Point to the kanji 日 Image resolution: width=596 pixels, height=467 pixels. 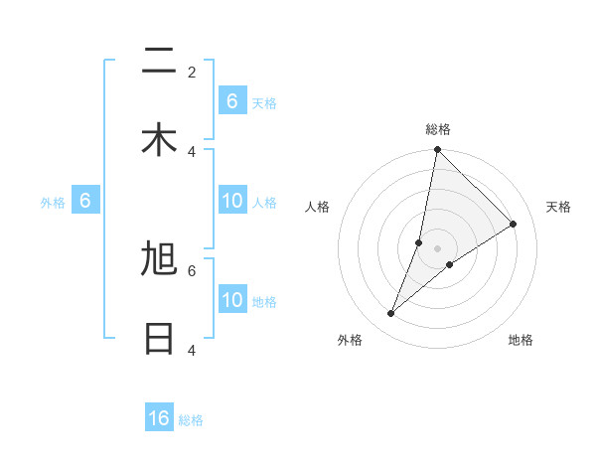point(159,338)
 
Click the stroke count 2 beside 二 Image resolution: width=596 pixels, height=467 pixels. point(192,72)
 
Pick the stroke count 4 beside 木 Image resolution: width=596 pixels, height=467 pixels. point(192,151)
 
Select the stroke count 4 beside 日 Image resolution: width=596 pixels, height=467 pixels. point(192,350)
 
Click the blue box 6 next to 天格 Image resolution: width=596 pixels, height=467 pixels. point(232,101)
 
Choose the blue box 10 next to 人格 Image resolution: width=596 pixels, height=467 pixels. point(232,202)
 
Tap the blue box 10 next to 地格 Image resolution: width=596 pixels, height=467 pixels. point(232,301)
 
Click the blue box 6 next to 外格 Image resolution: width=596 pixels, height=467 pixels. point(85,202)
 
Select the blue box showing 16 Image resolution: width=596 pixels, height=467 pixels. point(159,418)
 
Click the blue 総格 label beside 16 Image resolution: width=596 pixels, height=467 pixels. point(191,420)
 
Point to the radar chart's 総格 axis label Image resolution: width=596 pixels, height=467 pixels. point(438,129)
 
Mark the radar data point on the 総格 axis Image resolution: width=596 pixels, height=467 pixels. point(437,150)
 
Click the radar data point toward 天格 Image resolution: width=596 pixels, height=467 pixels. point(514,225)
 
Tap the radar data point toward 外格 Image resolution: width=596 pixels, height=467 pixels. point(391,314)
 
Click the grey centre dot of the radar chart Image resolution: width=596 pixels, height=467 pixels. point(437,248)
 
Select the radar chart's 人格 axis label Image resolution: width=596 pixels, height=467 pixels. point(318,207)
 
